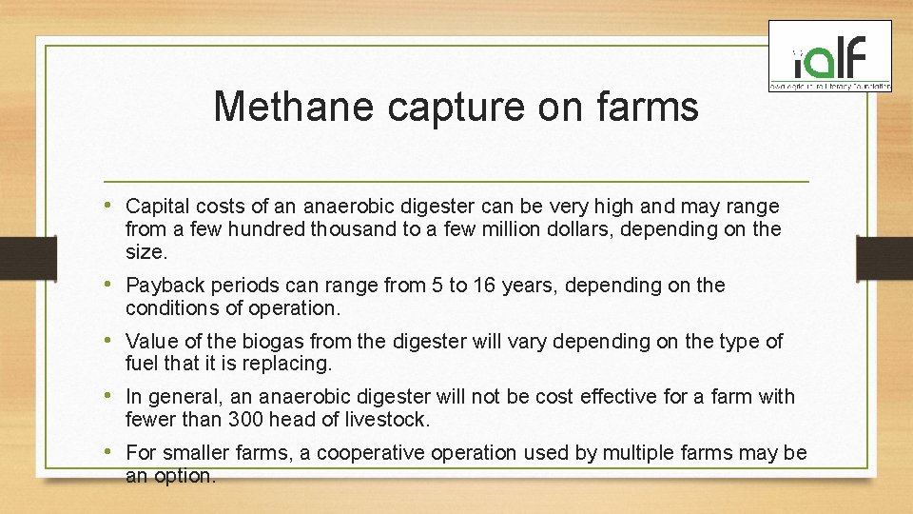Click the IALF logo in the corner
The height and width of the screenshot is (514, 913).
click(x=830, y=57)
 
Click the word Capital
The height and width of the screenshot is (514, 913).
click(x=156, y=207)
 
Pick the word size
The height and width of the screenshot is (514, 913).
click(x=146, y=252)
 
